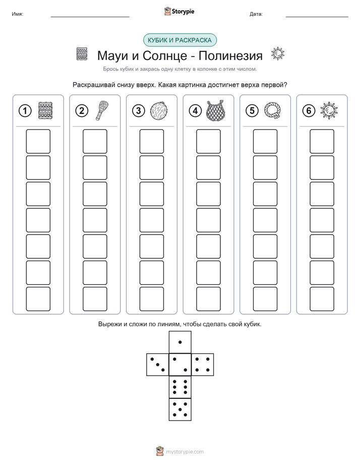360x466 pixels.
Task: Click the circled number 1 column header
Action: click(25, 111)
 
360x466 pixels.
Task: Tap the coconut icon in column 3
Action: click(159, 111)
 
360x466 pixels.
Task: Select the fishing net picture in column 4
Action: click(216, 110)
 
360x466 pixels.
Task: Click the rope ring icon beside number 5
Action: click(272, 110)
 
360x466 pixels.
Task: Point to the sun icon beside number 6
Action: click(329, 111)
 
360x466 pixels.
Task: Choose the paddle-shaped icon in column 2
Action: click(102, 110)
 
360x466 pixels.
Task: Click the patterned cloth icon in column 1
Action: click(45, 111)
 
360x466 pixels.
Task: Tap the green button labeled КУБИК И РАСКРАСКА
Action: click(179, 40)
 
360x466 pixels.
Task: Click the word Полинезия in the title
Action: click(230, 55)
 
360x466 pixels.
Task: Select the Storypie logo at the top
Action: click(179, 12)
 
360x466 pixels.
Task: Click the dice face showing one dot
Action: click(180, 342)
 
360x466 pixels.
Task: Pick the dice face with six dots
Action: click(180, 387)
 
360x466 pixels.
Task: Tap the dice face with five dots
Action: click(180, 410)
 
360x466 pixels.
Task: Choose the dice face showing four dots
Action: click(203, 365)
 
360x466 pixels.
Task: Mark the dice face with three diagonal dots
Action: click(158, 365)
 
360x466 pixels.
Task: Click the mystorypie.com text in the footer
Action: click(185, 452)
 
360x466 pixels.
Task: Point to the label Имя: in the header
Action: click(17, 14)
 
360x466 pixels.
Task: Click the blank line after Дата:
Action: click(317, 17)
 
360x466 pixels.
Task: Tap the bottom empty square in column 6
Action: click(322, 299)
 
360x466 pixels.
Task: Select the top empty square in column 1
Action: click(38, 141)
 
